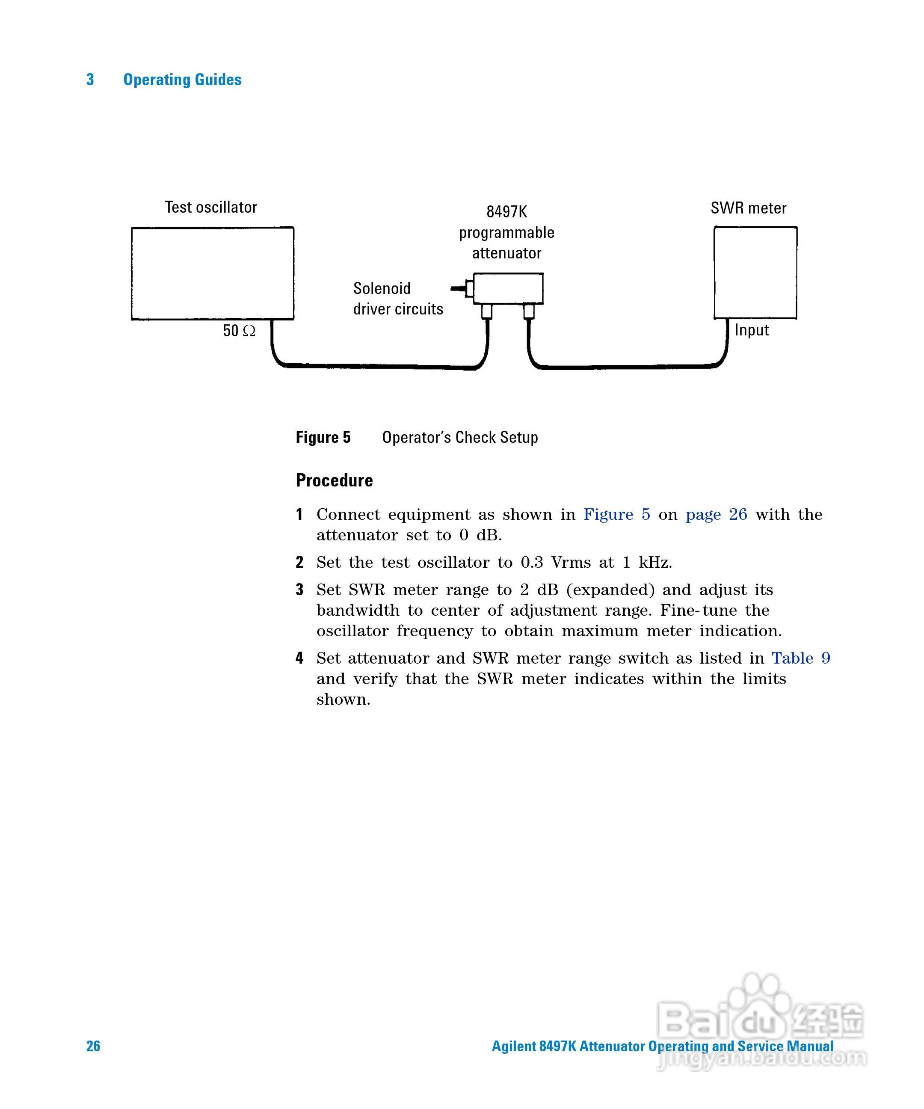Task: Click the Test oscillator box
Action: pyautogui.click(x=212, y=273)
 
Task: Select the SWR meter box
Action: pyautogui.click(x=755, y=273)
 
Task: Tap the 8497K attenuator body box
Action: pyautogui.click(x=508, y=288)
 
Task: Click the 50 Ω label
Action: pyautogui.click(x=239, y=331)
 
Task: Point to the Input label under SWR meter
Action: pyautogui.click(x=751, y=330)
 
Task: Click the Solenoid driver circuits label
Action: pyautogui.click(x=397, y=298)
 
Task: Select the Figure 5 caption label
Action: pyautogui.click(x=323, y=437)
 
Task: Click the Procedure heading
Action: pyautogui.click(x=334, y=480)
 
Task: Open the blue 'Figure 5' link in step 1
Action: pyautogui.click(x=616, y=514)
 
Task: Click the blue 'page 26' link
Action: pyautogui.click(x=716, y=514)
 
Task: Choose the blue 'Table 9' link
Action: pyautogui.click(x=800, y=658)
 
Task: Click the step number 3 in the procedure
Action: pyautogui.click(x=299, y=589)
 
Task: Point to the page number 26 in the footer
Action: pyautogui.click(x=93, y=1046)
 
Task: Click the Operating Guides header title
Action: pyautogui.click(x=182, y=80)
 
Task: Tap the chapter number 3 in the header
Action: pyautogui.click(x=90, y=80)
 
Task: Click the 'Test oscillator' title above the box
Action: pyautogui.click(x=210, y=207)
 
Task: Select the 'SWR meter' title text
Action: pyautogui.click(x=748, y=208)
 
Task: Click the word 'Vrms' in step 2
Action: pyautogui.click(x=571, y=563)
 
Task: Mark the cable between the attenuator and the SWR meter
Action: pyautogui.click(x=628, y=365)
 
